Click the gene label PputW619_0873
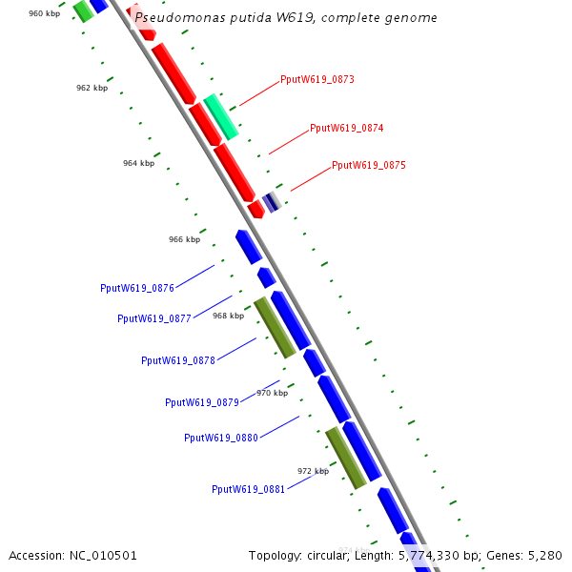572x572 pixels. coord(317,80)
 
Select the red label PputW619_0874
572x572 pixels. coord(346,128)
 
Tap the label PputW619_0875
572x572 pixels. coord(368,166)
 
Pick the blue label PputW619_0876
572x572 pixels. coord(137,288)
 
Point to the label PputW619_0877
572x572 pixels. coord(154,319)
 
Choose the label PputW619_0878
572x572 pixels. coord(178,361)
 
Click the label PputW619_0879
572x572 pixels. coord(202,402)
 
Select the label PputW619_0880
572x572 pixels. coord(221,439)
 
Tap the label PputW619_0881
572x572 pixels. coord(249,490)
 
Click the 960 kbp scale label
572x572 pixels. coord(44,13)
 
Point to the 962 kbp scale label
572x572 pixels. coord(92,88)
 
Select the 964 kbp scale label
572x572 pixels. coord(138,163)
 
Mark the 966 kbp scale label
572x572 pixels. coord(184,239)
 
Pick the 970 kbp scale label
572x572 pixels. coord(272,393)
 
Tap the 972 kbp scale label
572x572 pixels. coord(313,471)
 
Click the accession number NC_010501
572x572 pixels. coord(103,555)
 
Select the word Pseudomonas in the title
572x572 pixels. coord(172,17)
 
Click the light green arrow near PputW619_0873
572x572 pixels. coord(220,116)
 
